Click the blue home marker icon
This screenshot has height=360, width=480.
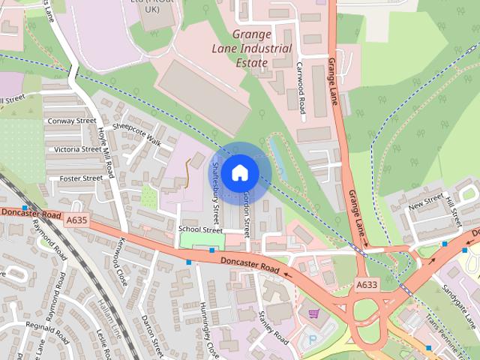(239, 173)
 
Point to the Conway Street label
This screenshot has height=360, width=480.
(72, 121)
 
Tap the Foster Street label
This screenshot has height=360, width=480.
(80, 178)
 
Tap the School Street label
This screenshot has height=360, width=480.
(201, 229)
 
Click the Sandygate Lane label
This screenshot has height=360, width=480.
(459, 307)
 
